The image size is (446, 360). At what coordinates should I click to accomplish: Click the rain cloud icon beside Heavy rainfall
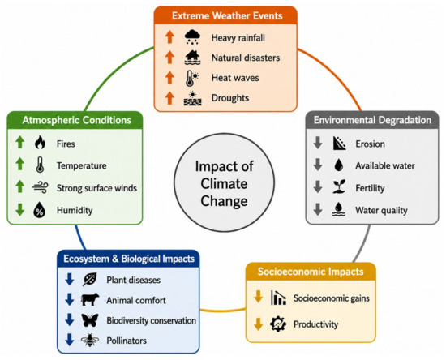pyautogui.click(x=192, y=37)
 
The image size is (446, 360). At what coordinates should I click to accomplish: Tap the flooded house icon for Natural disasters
pyautogui.click(x=192, y=58)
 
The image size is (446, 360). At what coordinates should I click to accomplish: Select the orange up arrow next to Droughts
pyautogui.click(x=169, y=98)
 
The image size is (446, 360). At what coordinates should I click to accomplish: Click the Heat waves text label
pyautogui.click(x=235, y=78)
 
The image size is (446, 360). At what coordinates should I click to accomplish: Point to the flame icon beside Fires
pyautogui.click(x=40, y=142)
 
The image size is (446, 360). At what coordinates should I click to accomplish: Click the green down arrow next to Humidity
pyautogui.click(x=20, y=209)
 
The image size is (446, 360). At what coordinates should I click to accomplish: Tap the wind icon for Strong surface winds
pyautogui.click(x=40, y=187)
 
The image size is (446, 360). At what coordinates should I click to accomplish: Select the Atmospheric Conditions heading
pyautogui.click(x=77, y=120)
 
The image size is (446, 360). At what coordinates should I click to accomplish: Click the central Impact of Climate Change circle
pyautogui.click(x=224, y=182)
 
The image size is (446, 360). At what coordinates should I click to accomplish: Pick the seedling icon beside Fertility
pyautogui.click(x=339, y=186)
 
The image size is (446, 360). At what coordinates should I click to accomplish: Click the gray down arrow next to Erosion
pyautogui.click(x=318, y=143)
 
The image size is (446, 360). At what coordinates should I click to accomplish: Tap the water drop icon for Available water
pyautogui.click(x=339, y=165)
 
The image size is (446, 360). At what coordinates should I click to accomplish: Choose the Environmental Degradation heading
pyautogui.click(x=372, y=120)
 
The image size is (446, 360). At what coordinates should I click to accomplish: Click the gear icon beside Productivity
pyautogui.click(x=278, y=324)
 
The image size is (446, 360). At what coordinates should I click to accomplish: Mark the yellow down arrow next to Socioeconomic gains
pyautogui.click(x=258, y=296)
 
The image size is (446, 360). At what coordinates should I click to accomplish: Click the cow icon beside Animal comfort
pyautogui.click(x=90, y=299)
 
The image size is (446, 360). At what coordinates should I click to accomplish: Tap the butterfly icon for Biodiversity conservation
pyautogui.click(x=90, y=320)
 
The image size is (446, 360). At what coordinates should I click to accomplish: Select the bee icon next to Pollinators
pyautogui.click(x=90, y=340)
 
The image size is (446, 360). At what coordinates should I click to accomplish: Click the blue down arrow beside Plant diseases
pyautogui.click(x=70, y=279)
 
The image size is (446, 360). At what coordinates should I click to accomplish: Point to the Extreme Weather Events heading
pyautogui.click(x=227, y=15)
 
